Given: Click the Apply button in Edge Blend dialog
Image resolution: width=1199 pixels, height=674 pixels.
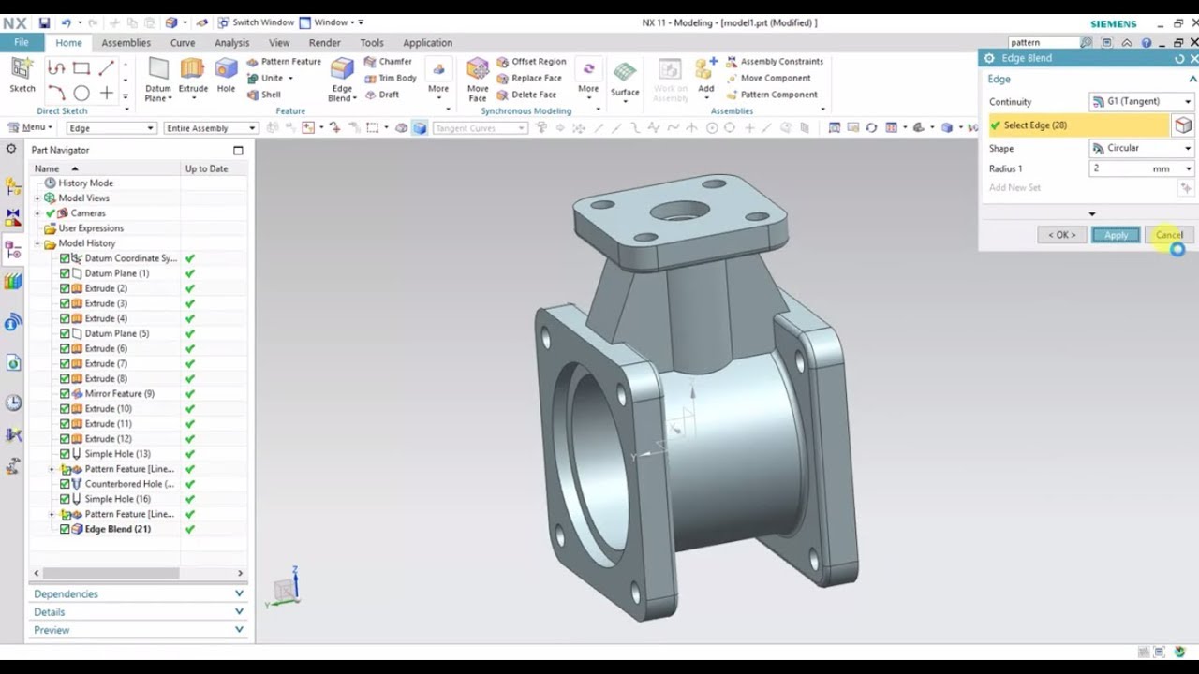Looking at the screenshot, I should (1116, 235).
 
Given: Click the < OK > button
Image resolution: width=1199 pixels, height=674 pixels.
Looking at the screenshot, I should (1061, 235).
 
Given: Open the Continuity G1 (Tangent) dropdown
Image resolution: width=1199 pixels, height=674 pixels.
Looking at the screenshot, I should (1141, 101).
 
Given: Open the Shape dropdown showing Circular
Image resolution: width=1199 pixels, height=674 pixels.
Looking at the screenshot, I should (1141, 148).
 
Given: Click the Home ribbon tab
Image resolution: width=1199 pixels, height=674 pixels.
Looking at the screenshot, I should (68, 43).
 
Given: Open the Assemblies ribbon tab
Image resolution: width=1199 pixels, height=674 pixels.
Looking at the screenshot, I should (126, 43).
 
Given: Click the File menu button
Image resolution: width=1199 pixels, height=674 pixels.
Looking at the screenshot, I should (21, 43).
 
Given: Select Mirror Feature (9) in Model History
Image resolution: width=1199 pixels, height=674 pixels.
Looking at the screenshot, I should (119, 394).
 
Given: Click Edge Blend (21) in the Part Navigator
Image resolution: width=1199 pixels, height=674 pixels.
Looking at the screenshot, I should (117, 529).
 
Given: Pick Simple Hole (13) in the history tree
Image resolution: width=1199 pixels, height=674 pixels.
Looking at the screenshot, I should (117, 454).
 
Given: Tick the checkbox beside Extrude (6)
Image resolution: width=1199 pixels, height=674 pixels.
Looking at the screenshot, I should (65, 348).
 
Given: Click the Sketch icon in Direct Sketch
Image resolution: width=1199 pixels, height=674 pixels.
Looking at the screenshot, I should (22, 73).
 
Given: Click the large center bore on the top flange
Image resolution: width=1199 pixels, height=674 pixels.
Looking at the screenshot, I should (680, 211).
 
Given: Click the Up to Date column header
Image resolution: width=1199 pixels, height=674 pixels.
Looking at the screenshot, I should (206, 168).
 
